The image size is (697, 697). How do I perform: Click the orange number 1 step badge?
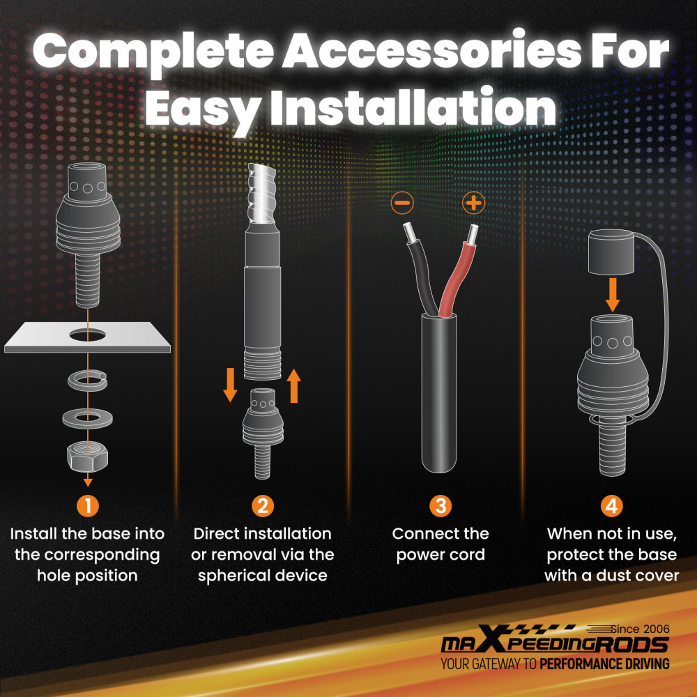point(88,506)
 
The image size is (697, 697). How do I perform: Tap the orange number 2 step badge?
point(263,506)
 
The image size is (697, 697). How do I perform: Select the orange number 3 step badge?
point(441,506)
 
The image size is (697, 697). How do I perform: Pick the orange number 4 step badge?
point(612,506)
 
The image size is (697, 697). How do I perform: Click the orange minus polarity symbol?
point(402,203)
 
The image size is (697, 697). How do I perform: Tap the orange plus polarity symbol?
point(473,203)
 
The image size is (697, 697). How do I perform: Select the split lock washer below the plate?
point(88,381)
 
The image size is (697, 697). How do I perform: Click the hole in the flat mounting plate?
point(88,335)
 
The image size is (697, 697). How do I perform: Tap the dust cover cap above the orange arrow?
point(611,252)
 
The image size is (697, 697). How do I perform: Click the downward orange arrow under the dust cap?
point(613,295)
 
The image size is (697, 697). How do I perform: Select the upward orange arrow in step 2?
point(294,385)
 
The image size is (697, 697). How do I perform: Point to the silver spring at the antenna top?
point(263,193)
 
